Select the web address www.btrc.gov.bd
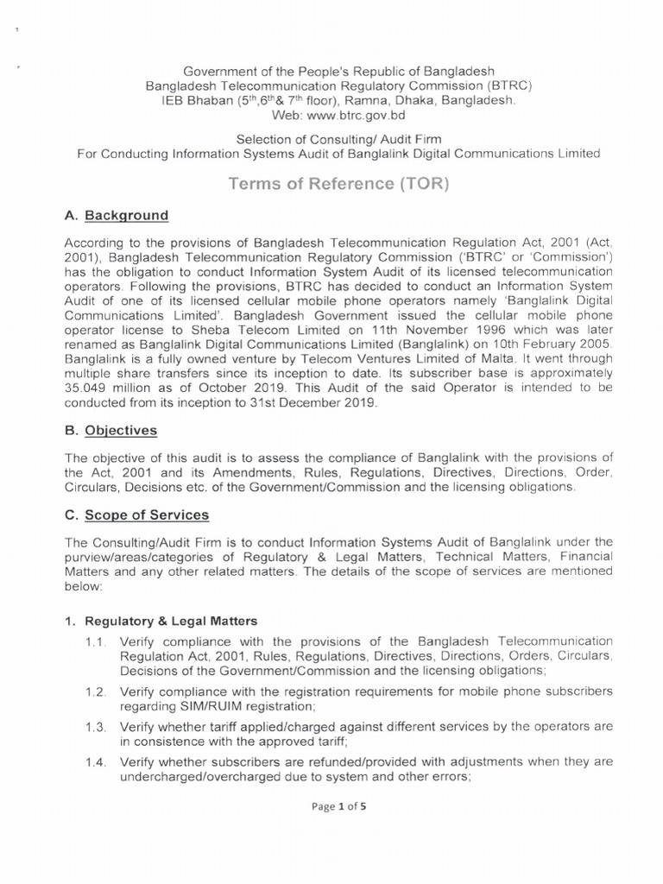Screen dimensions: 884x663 (360, 115)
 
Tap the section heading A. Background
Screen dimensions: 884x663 (112, 216)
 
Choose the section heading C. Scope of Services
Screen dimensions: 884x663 (136, 515)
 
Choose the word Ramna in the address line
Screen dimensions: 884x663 (354, 100)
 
